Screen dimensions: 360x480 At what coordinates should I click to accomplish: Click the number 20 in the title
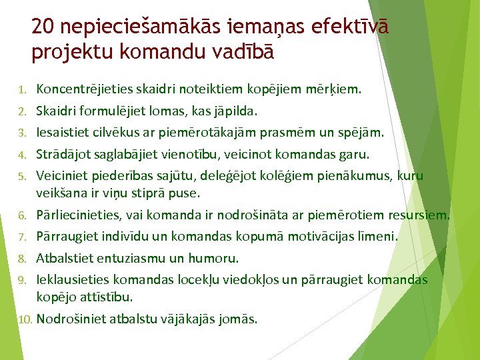43,27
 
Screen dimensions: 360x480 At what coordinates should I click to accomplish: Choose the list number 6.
21,216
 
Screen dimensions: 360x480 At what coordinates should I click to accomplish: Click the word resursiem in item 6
423,215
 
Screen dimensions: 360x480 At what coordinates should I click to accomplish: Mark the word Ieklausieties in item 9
67,279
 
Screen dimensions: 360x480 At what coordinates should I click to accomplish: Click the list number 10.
24,319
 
